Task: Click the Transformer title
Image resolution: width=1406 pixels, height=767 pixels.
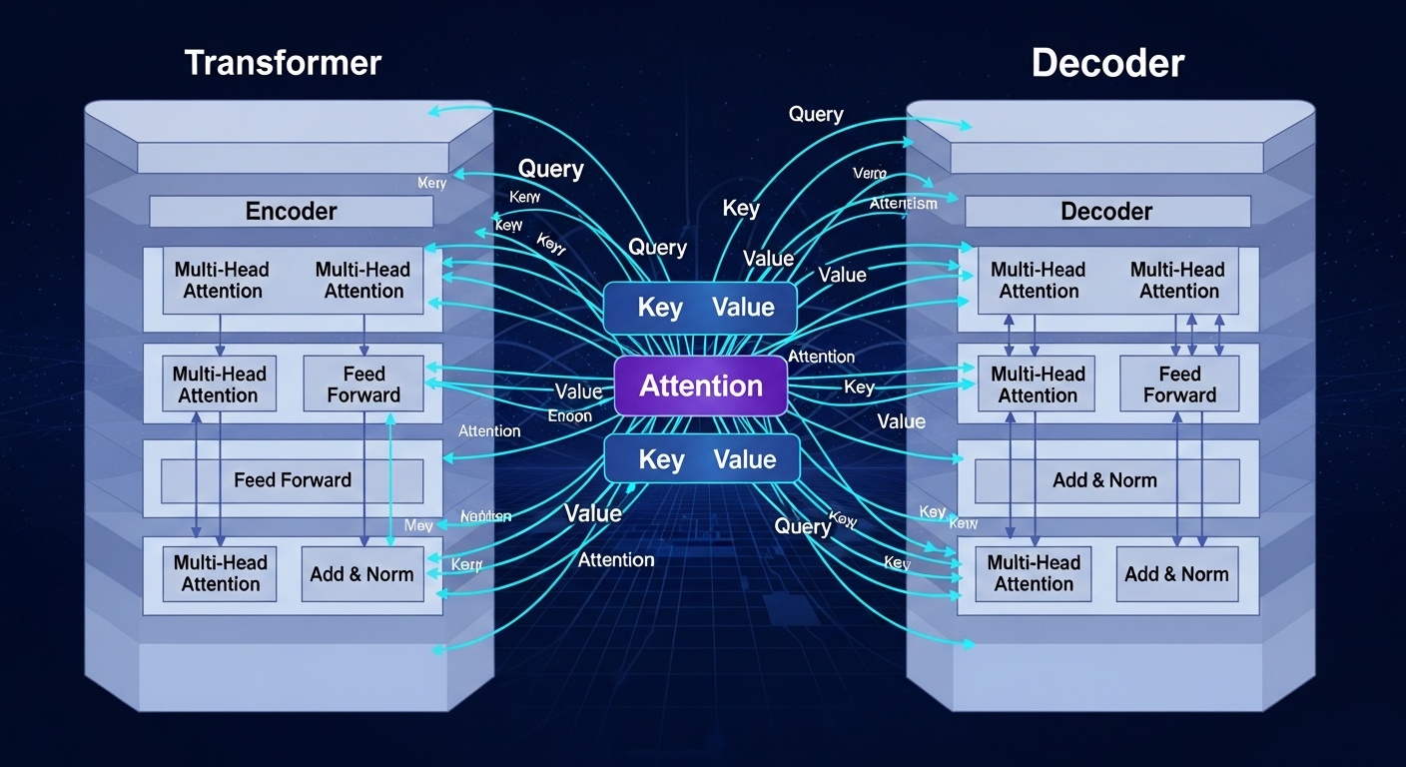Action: [283, 63]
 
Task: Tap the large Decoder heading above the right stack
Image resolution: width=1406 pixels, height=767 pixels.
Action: [1107, 63]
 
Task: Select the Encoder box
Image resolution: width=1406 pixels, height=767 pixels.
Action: [291, 212]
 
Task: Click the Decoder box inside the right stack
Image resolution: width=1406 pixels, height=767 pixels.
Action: [1106, 212]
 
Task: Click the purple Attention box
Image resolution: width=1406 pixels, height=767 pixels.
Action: [701, 386]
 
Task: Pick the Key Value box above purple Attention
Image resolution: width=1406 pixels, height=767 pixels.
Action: [701, 308]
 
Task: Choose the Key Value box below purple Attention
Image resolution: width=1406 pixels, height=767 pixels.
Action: [703, 460]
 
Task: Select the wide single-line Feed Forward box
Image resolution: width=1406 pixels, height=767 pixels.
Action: [293, 480]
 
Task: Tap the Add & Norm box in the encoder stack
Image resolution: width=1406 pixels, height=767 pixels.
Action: [362, 574]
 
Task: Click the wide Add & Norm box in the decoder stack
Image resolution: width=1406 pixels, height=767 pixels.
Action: [1105, 480]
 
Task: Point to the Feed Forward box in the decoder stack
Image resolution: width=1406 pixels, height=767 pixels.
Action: [1179, 384]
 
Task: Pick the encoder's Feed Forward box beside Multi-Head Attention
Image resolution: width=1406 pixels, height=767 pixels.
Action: [363, 384]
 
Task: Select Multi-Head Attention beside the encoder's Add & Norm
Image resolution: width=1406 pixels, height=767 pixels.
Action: [221, 574]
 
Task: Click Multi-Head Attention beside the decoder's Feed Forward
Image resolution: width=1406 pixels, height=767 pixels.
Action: [1038, 384]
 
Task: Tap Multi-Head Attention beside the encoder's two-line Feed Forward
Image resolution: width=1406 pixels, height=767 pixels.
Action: [220, 384]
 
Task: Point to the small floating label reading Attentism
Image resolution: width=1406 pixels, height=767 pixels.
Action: [903, 204]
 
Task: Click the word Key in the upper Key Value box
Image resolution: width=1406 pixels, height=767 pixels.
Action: [659, 308]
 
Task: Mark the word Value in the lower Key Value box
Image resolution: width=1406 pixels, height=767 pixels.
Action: [745, 460]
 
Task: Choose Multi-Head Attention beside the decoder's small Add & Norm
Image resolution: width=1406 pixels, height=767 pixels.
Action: [1034, 574]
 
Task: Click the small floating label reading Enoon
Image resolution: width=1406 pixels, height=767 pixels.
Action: [570, 416]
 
